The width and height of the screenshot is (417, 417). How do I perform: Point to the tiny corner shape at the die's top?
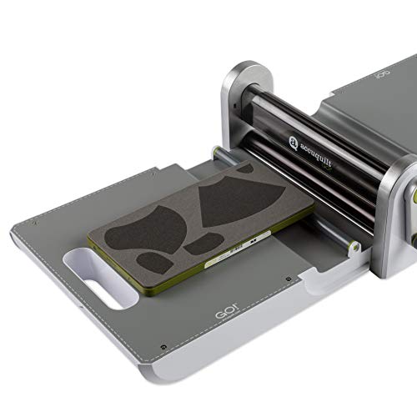[243, 169]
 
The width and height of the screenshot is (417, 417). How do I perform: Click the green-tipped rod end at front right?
[354, 247]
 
